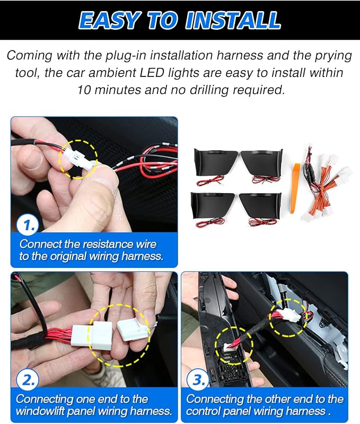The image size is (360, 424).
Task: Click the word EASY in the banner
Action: pyautogui.click(x=109, y=20)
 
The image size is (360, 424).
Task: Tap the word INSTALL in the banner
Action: pyautogui.click(x=233, y=20)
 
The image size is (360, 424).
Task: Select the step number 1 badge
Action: pyautogui.click(x=28, y=225)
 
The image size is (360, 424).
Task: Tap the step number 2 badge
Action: pyautogui.click(x=28, y=380)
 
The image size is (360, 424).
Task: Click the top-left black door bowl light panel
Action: pyautogui.click(x=215, y=162)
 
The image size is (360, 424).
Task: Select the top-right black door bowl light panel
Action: pyautogui.click(x=262, y=162)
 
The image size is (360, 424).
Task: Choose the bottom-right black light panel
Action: pyautogui.click(x=260, y=205)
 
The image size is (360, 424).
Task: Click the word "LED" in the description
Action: pyautogui.click(x=152, y=73)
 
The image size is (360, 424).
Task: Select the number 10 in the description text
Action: pyautogui.click(x=84, y=90)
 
